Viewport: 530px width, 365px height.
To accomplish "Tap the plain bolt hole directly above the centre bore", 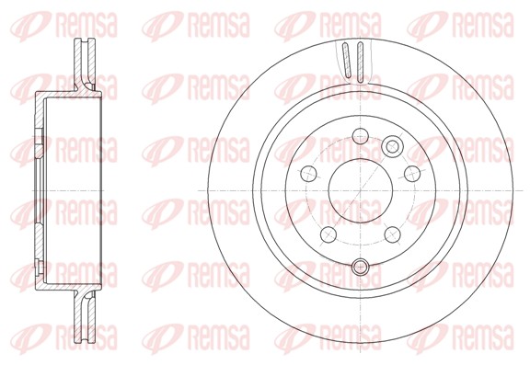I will click(360, 137).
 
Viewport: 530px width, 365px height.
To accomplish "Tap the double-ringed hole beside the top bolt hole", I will click(393, 145).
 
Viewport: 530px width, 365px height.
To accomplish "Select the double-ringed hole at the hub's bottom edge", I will click(360, 268).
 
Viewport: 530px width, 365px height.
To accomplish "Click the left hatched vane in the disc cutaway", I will click(346, 63).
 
